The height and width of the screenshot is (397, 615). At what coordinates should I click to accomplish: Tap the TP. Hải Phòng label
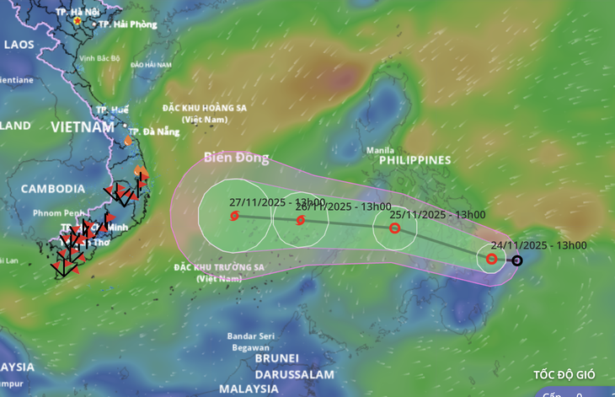click(x=127, y=24)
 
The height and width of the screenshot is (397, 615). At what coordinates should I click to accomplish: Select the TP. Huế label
click(x=112, y=110)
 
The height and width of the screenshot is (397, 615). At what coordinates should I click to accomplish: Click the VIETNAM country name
click(x=82, y=127)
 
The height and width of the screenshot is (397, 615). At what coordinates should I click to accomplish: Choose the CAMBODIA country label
click(x=52, y=189)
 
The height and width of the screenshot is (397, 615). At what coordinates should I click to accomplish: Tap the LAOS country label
click(x=19, y=44)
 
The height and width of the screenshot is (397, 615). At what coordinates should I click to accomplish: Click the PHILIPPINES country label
click(x=414, y=159)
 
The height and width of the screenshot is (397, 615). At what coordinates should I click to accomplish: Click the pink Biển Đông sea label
click(x=235, y=158)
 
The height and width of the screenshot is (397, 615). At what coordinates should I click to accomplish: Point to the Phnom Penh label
click(x=57, y=212)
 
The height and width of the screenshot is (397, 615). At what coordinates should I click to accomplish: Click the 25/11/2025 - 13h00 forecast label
click(x=437, y=214)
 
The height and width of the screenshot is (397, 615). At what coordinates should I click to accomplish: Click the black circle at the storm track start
click(x=517, y=260)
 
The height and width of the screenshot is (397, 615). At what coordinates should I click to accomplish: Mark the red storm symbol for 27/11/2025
click(x=234, y=216)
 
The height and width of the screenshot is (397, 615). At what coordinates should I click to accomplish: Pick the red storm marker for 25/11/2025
click(x=394, y=228)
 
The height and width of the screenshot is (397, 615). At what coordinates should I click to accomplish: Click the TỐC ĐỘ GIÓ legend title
click(x=564, y=374)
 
